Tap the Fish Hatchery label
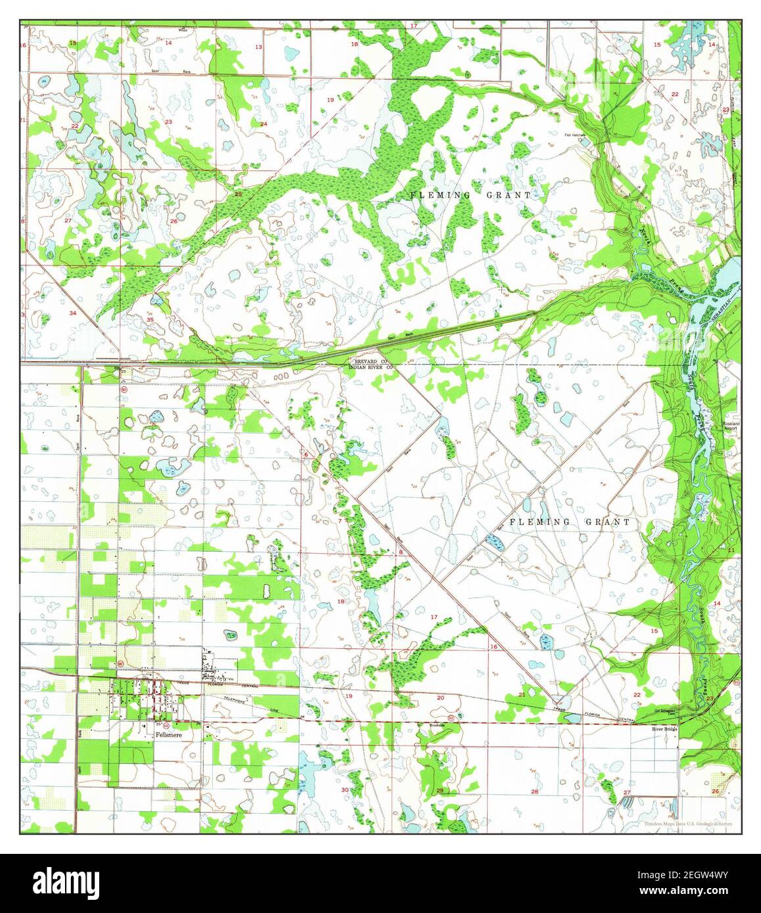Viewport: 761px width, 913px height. coord(574,135)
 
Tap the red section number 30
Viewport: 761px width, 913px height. coord(344,790)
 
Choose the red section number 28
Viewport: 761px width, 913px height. coord(534,792)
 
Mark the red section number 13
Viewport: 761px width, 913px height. coord(258,47)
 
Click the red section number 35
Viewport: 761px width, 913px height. coord(133,374)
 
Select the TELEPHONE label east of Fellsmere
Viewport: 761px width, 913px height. coord(237,701)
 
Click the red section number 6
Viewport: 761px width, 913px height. coord(306,454)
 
